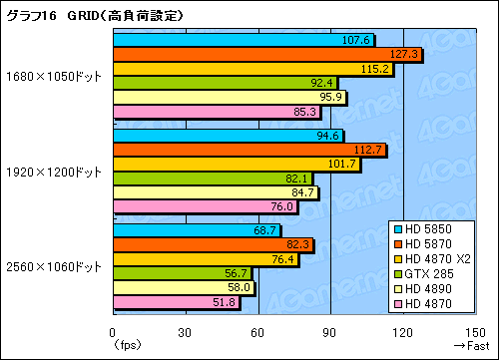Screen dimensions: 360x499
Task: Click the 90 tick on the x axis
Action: coord(329,333)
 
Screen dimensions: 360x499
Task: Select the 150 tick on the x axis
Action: coord(474,333)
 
